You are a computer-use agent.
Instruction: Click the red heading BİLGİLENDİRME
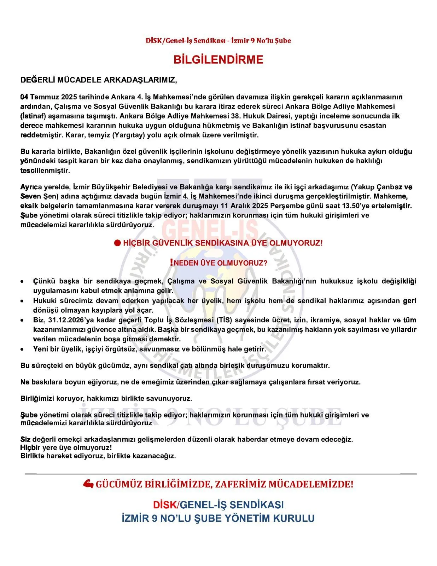[x=218, y=59]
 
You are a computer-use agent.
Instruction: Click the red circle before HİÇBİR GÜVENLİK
[x=117, y=243]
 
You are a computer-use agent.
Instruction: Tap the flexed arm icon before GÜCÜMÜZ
[x=88, y=484]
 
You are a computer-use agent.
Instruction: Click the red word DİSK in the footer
[x=164, y=505]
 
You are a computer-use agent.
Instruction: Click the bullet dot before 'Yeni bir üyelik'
[x=22, y=349]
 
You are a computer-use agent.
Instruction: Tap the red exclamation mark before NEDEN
[x=171, y=262]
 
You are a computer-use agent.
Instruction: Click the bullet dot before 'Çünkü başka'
[x=22, y=282]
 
